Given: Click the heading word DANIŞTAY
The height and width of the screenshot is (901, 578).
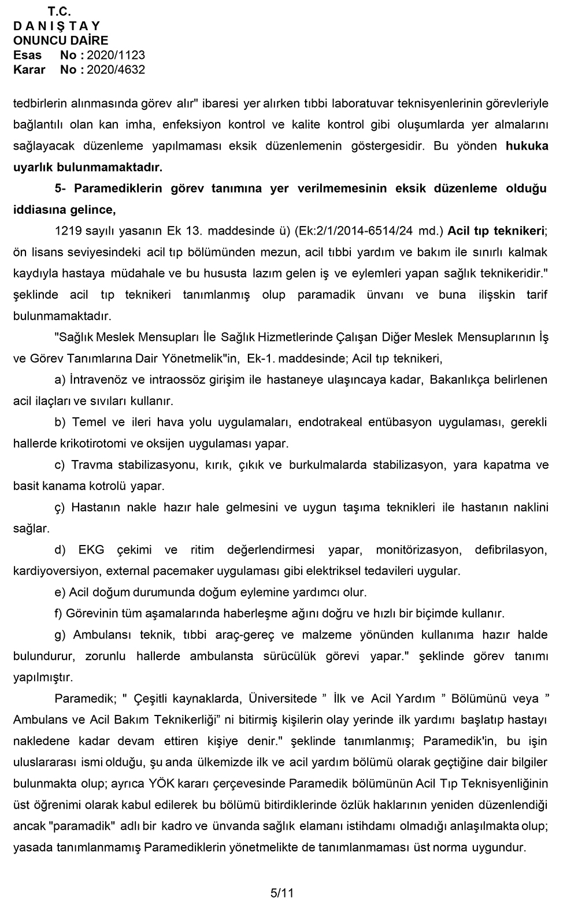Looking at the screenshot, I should coord(57,26).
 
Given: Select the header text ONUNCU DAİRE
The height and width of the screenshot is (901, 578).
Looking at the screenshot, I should coord(61,40).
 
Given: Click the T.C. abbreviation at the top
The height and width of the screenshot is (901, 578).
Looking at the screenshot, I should coord(60,12).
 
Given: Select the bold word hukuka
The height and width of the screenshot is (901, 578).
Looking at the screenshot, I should coord(527,146).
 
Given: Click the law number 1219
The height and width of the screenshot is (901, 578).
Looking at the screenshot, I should coord(67,231).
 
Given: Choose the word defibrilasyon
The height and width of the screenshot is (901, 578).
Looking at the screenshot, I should coord(511,550).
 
